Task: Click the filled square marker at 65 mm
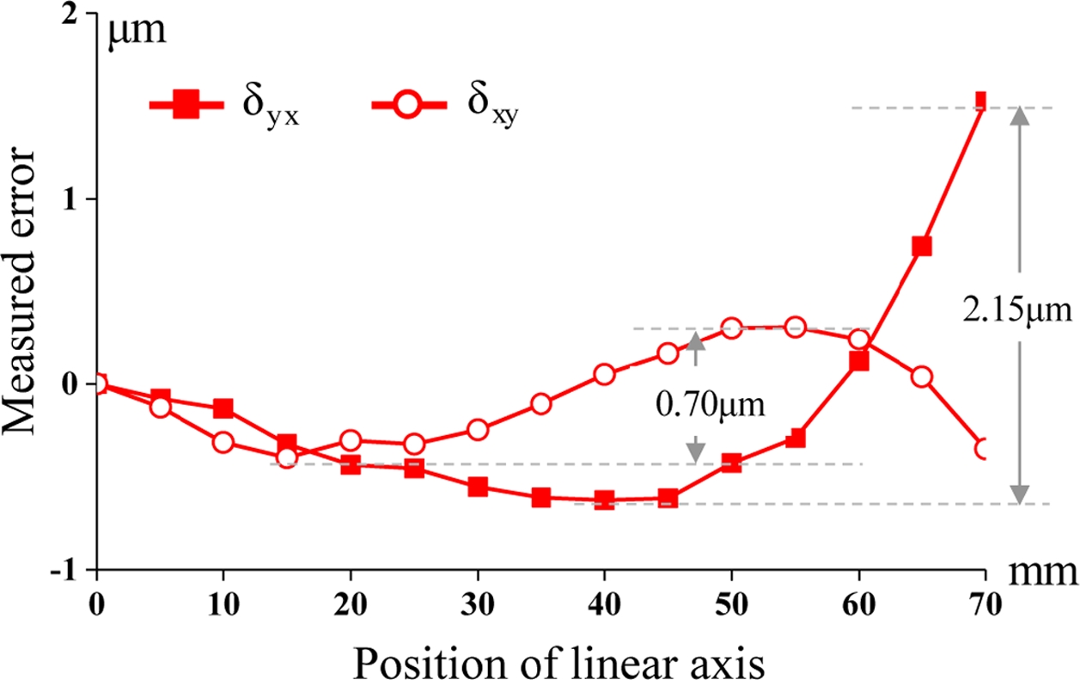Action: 922,247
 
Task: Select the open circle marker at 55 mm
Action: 795,327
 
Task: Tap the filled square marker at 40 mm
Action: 605,500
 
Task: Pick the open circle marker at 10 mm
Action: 223,443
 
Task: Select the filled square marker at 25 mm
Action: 414,469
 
